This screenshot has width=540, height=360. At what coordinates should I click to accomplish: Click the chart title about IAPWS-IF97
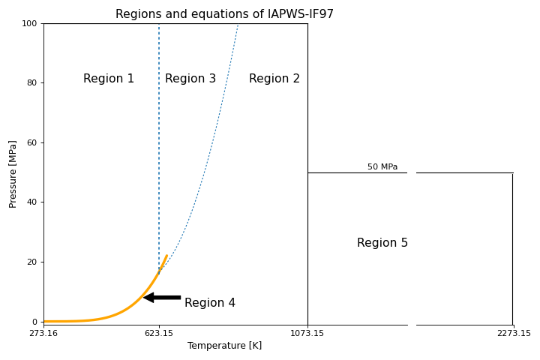tap(224, 14)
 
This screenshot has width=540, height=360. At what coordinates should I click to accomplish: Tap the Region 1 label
tap(109, 79)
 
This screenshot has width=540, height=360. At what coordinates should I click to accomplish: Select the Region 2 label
tap(274, 79)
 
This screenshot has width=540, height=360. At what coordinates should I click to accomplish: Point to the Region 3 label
tap(190, 79)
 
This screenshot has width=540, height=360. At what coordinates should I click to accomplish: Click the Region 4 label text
tap(210, 303)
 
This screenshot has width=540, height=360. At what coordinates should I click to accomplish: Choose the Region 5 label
tap(382, 243)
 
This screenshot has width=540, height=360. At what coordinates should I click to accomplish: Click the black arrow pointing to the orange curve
tap(162, 298)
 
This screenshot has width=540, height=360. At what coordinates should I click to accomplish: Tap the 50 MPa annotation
tap(382, 166)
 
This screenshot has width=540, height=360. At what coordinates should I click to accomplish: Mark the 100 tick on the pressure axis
tap(29, 24)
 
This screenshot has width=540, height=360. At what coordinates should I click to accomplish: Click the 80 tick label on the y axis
tap(31, 83)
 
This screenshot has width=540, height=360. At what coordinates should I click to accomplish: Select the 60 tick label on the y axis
tap(31, 143)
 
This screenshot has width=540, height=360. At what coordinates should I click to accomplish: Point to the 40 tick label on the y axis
tap(31, 202)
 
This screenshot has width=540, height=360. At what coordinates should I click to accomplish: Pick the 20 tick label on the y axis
tap(31, 262)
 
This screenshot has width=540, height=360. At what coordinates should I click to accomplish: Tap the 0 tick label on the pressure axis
tap(34, 322)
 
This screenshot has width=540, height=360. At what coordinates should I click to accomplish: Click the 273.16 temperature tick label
tap(43, 334)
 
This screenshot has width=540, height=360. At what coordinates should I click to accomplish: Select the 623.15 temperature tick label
tap(159, 334)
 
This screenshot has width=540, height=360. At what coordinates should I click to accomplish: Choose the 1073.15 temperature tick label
tap(307, 334)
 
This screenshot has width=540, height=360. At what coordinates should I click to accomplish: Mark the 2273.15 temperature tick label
tap(514, 334)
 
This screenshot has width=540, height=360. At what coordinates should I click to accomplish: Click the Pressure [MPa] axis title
tap(13, 173)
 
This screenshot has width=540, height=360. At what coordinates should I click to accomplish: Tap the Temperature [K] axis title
tap(224, 346)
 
